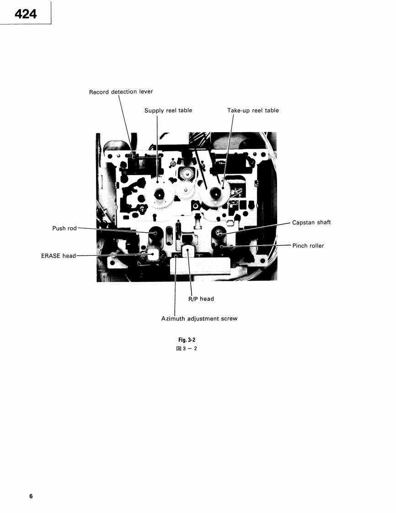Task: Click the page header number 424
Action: point(25,14)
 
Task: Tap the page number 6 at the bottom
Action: point(31,496)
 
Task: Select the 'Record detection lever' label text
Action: point(121,92)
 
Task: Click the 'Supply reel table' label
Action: point(168,111)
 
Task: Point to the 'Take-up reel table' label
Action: point(253,111)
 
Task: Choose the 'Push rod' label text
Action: point(66,228)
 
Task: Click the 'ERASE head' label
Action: point(59,256)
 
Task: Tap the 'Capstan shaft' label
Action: point(311,223)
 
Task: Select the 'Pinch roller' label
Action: point(308,246)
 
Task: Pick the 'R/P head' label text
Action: point(201,299)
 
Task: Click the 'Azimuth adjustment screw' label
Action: point(199,319)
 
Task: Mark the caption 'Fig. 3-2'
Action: point(187,340)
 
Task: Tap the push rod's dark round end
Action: point(155,232)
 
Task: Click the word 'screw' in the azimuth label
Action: point(229,319)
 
